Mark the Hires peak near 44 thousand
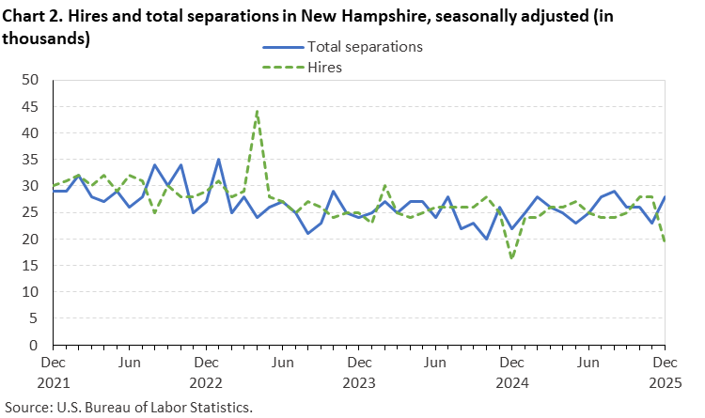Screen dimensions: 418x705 (257, 112)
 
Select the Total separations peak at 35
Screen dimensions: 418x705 (218, 160)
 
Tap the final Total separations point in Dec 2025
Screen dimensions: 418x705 (665, 197)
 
